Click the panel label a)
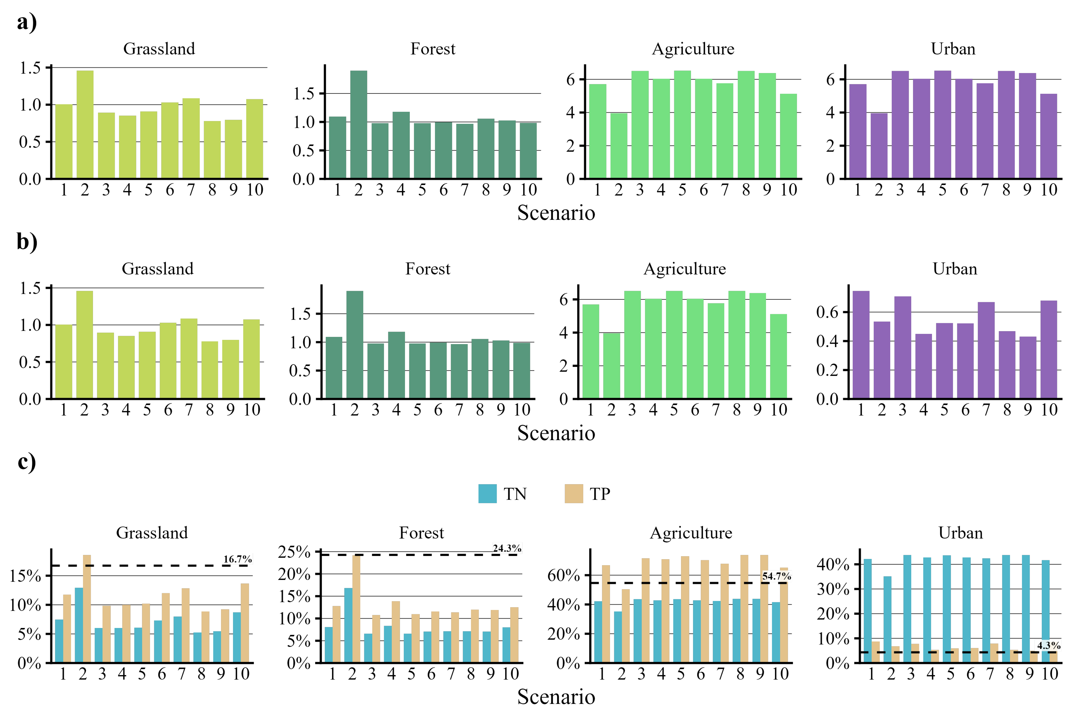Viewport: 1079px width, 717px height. (x=26, y=22)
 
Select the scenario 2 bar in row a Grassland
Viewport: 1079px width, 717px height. (x=85, y=124)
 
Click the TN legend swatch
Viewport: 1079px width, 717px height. (x=487, y=494)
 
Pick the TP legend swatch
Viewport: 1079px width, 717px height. (x=573, y=494)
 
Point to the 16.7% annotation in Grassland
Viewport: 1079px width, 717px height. (x=237, y=559)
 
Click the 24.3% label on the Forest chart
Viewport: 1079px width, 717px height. (x=507, y=548)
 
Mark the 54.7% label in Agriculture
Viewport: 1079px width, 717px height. (x=776, y=576)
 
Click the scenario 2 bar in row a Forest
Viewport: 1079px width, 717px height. (x=358, y=124)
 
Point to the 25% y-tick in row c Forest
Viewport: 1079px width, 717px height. (x=294, y=552)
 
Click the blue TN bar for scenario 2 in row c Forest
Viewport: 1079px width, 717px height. (x=348, y=625)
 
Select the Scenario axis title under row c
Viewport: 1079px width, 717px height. (x=556, y=697)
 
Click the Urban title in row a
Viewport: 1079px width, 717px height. (x=953, y=49)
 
